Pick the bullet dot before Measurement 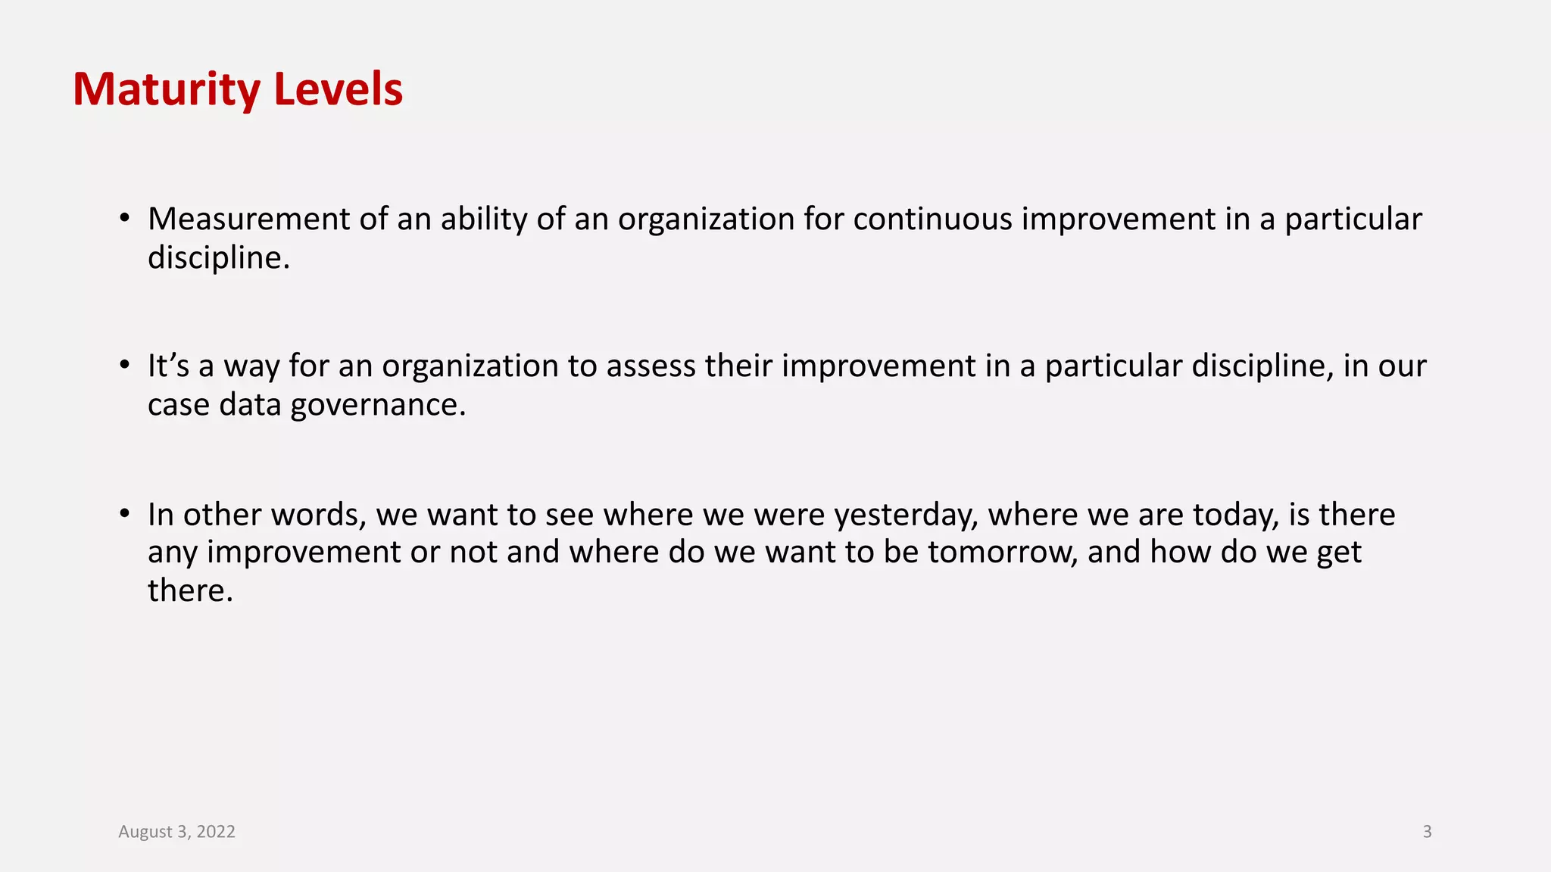tap(125, 219)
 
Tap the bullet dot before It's tap(125, 366)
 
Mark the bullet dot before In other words tap(125, 514)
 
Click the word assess tap(651, 366)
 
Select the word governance tap(378, 405)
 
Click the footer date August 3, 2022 tap(176, 831)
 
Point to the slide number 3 tap(1427, 831)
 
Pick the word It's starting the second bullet tap(168, 366)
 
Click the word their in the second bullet tap(738, 366)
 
